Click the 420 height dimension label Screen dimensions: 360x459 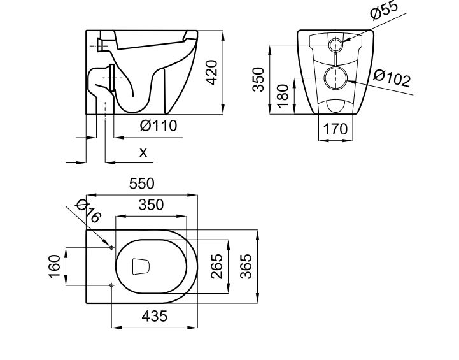pos(213,72)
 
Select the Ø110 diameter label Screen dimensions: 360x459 pos(159,126)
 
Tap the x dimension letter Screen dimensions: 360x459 pos(143,152)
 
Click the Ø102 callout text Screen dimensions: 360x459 pos(392,79)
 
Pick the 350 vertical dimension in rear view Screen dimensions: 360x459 pos(258,78)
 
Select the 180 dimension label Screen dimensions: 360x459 pos(283,94)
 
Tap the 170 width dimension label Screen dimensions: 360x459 pos(335,129)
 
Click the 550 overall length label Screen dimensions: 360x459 pos(141,184)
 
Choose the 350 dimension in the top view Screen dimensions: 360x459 pos(151,205)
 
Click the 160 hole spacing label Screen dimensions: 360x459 pos(55,266)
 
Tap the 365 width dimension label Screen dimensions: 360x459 pos(246,266)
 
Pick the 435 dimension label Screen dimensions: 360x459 pos(154,316)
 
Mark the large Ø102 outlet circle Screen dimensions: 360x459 pos(335,78)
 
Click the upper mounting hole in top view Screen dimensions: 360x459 pos(111,247)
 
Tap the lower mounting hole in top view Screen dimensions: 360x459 pos(111,285)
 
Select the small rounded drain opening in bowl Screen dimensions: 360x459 pos(141,266)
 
